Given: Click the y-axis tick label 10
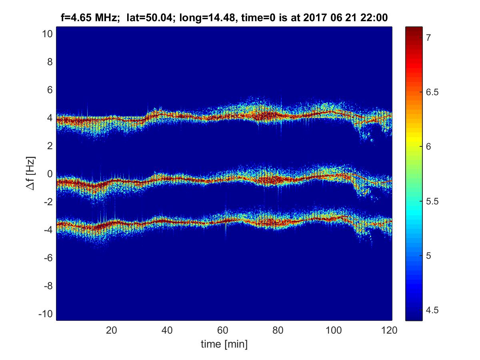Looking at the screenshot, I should pos(47,34).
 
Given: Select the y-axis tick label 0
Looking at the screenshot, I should pos(50,174).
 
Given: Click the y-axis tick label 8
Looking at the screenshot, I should pos(50,62).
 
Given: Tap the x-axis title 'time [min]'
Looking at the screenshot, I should pos(224,344).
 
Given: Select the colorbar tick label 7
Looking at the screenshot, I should pos(428,38).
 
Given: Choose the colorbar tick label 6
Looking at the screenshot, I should pos(428,146).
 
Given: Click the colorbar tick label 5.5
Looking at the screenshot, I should pos(431,201).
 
